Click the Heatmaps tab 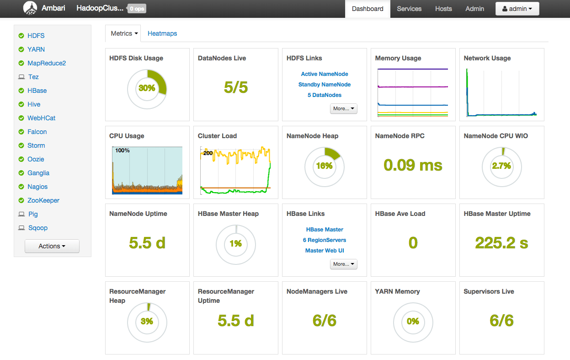[162, 33]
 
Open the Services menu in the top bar [409, 9]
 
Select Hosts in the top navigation [443, 9]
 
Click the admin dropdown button [517, 9]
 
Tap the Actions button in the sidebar [52, 246]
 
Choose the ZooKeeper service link [43, 200]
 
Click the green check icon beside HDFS [21, 36]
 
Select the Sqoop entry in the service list [37, 228]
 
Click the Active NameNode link [325, 74]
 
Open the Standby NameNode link [325, 85]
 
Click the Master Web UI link [325, 251]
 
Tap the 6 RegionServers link [325, 240]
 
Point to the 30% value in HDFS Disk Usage [147, 88]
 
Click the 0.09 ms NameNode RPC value [413, 165]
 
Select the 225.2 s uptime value [501, 243]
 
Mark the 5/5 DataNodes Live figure [236, 87]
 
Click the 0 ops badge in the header [137, 9]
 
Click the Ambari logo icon [30, 8]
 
